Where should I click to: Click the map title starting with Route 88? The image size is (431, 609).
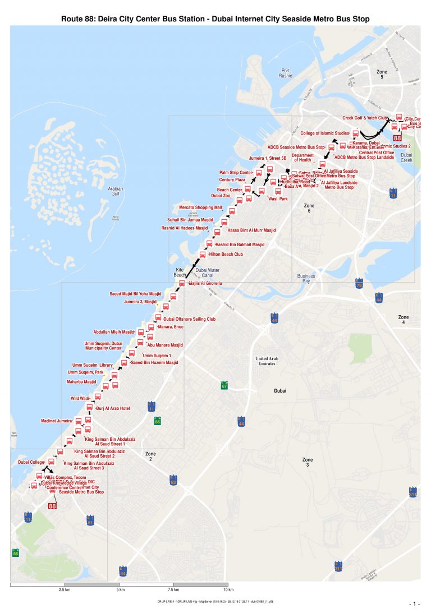[x=215, y=19]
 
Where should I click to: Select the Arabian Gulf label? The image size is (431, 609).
[x=115, y=192]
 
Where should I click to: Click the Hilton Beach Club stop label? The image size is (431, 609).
[x=226, y=254]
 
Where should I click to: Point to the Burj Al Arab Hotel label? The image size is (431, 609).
[x=113, y=408]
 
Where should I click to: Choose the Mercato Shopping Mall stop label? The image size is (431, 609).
[x=201, y=207]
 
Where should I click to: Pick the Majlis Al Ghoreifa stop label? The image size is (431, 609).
[x=205, y=283]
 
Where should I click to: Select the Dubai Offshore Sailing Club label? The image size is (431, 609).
[x=189, y=319]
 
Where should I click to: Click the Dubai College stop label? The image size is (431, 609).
[x=31, y=462]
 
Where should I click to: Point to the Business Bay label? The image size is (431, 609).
[x=306, y=278]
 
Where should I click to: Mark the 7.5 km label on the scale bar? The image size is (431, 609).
[x=173, y=590]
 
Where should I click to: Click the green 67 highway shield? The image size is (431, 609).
[x=224, y=386]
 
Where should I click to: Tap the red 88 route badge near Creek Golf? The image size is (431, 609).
[x=397, y=137]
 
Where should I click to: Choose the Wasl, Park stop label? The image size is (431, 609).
[x=278, y=199]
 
